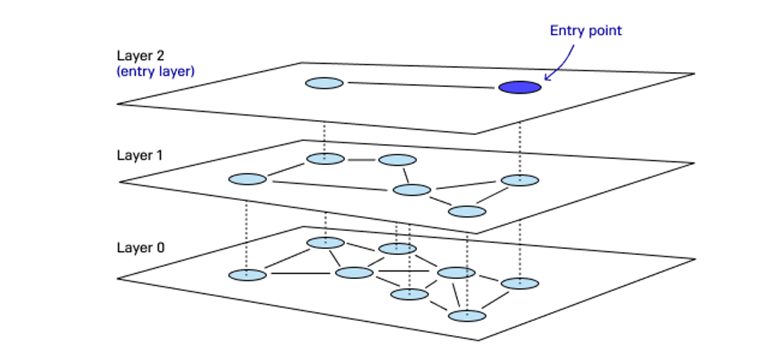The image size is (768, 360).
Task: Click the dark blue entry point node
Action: click(x=520, y=87)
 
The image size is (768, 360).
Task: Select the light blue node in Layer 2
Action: click(x=324, y=83)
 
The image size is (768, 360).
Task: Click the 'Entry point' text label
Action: click(x=586, y=31)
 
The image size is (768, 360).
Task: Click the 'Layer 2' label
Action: click(x=140, y=55)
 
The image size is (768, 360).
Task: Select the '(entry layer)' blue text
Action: click(x=156, y=71)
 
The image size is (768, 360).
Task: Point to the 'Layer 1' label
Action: click(x=139, y=155)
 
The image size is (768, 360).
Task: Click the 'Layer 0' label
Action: click(x=141, y=247)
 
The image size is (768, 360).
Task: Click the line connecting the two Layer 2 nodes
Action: click(x=421, y=85)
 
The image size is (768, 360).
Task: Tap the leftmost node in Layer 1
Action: click(x=247, y=178)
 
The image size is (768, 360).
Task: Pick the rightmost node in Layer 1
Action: click(x=520, y=180)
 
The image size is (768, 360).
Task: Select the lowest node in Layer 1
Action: click(x=467, y=211)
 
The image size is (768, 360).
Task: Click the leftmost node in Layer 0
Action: click(x=247, y=274)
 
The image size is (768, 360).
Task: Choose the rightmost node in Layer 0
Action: click(x=520, y=283)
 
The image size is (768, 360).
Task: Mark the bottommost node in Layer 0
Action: click(x=467, y=316)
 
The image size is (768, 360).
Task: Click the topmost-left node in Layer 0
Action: click(x=325, y=242)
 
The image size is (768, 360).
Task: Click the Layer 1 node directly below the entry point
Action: click(x=520, y=180)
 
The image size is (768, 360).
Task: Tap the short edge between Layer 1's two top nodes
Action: click(x=361, y=160)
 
